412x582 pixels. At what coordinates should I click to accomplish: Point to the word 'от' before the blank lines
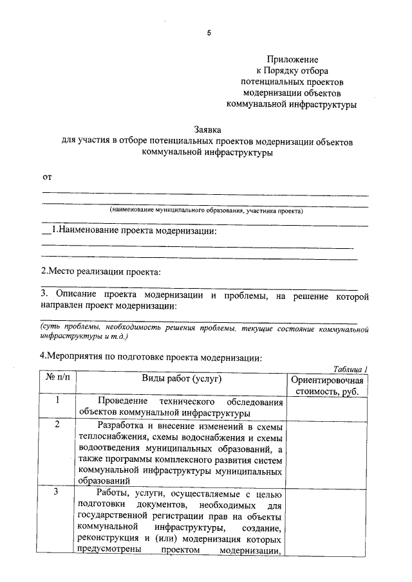(x=46, y=176)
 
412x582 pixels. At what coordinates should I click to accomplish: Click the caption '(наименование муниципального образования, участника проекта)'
(x=206, y=210)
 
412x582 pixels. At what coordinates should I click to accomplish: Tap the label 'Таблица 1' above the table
(x=351, y=369)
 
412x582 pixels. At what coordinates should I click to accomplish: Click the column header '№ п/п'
(x=57, y=379)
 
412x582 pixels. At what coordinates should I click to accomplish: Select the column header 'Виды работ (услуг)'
(x=181, y=379)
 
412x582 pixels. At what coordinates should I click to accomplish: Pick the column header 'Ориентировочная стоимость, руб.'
(x=328, y=385)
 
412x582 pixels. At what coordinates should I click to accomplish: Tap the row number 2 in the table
(x=57, y=424)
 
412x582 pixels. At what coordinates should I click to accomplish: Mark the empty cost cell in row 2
(x=328, y=453)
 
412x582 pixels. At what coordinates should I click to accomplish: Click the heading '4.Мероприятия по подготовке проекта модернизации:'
(x=149, y=356)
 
